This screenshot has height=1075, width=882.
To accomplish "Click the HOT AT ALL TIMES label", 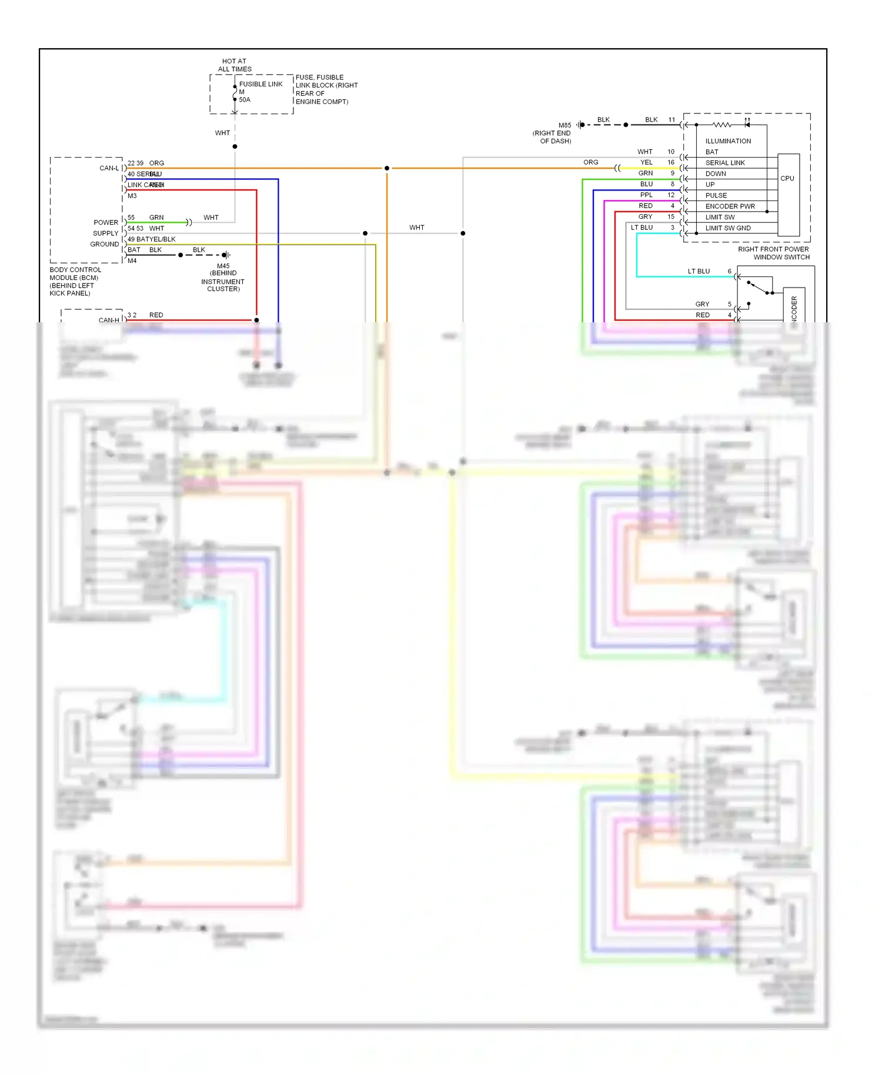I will tap(234, 65).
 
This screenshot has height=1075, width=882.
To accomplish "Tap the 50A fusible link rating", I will tap(245, 100).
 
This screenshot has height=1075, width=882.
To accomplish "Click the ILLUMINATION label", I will tap(728, 141).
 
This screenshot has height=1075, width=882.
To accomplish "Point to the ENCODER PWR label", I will tap(730, 206).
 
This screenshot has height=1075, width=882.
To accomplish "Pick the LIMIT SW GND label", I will tap(727, 228).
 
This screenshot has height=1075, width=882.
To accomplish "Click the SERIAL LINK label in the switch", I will tap(724, 163).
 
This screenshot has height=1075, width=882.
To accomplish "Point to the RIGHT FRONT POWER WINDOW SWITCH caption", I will tap(774, 253).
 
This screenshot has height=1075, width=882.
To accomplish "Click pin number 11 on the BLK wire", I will tap(671, 120).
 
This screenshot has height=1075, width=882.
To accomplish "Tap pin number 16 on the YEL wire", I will tap(671, 162).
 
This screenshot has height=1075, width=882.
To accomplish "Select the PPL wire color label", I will tap(646, 195).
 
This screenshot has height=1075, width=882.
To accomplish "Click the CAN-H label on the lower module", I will tap(109, 320).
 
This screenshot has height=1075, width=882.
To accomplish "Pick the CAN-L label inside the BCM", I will tap(109, 168).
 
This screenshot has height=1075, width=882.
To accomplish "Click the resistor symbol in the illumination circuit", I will tap(721, 125).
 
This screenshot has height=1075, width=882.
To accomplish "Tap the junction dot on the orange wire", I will tap(386, 168).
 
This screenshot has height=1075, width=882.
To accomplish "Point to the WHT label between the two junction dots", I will tap(416, 228).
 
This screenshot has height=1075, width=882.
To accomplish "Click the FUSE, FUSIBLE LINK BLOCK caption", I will tap(326, 89).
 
